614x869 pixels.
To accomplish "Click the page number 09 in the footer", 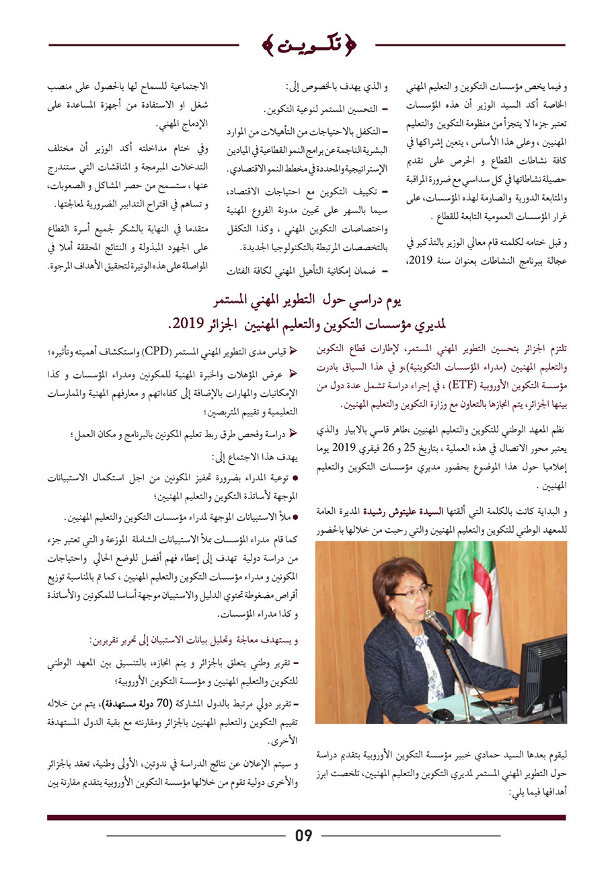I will coord(304,835).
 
